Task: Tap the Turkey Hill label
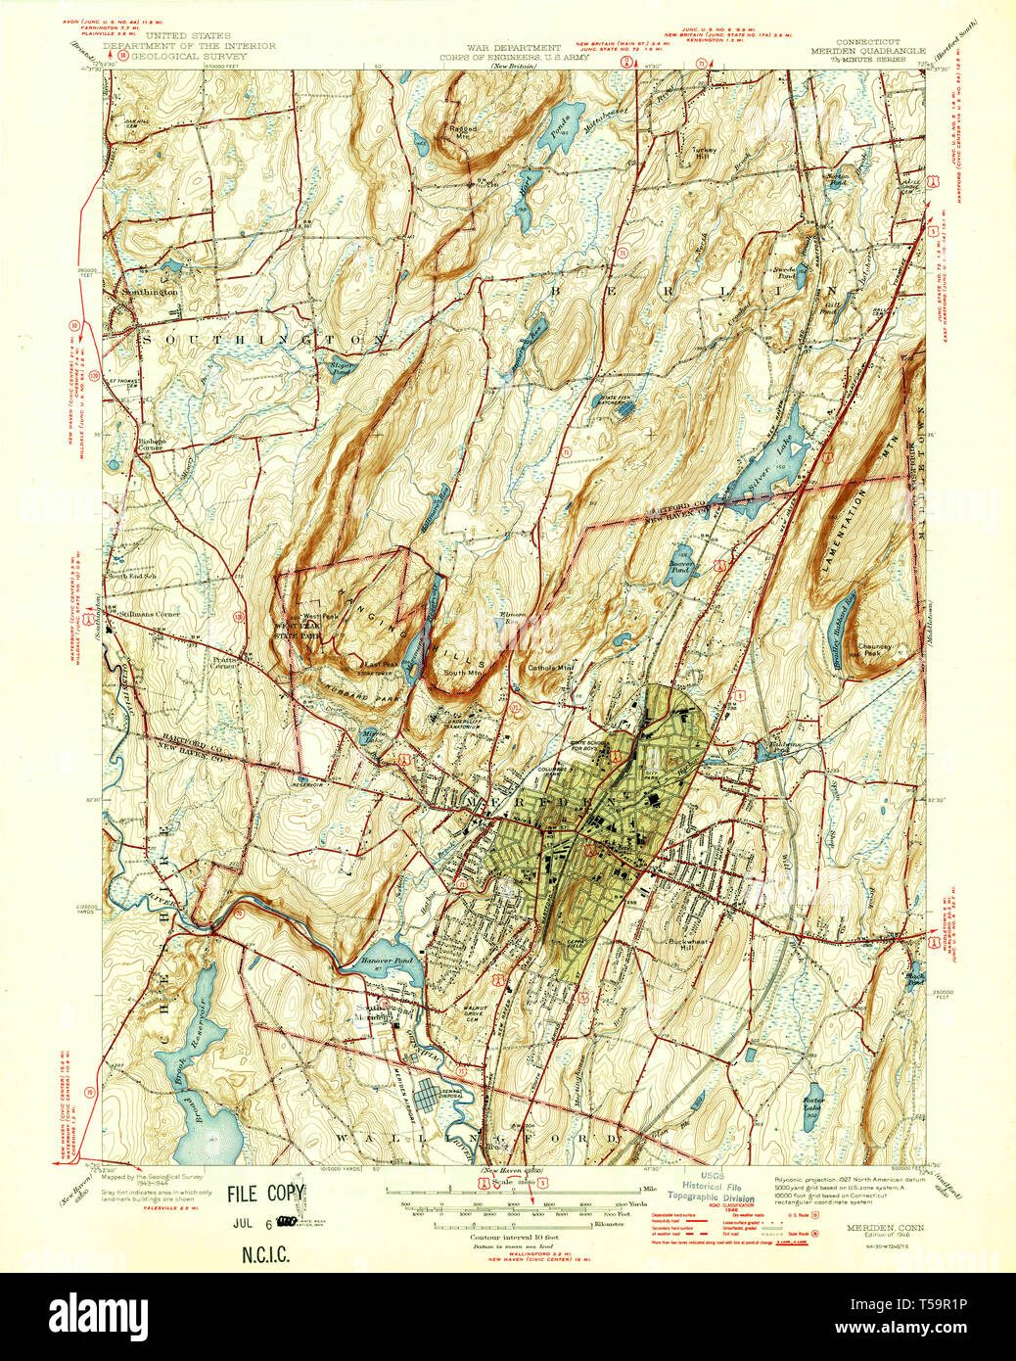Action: pos(705,154)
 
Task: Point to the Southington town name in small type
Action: pos(150,292)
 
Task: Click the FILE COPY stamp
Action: pos(266,1194)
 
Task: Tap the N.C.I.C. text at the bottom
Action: pos(265,1255)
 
